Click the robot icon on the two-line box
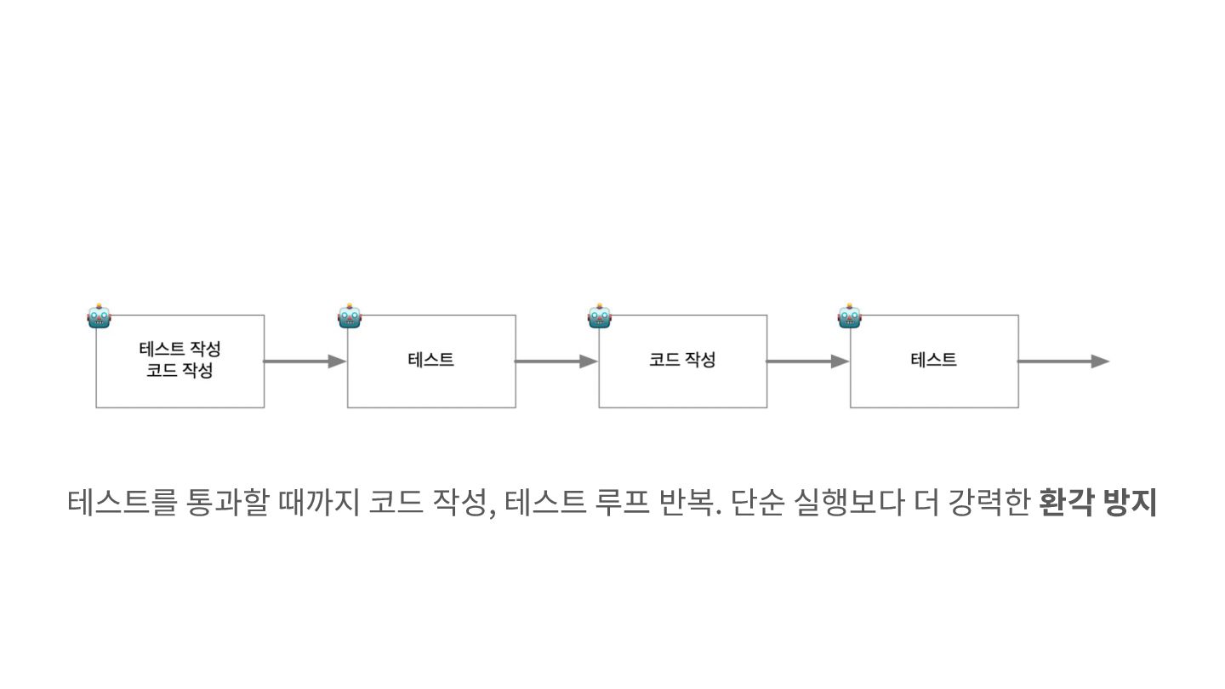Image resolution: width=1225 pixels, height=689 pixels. (x=99, y=316)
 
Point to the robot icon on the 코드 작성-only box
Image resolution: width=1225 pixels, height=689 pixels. (x=600, y=316)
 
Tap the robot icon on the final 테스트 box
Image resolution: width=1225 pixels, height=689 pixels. (x=850, y=316)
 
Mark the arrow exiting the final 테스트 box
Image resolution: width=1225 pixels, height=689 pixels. (x=1063, y=362)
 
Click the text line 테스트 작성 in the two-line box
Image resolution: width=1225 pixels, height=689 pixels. (x=179, y=350)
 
